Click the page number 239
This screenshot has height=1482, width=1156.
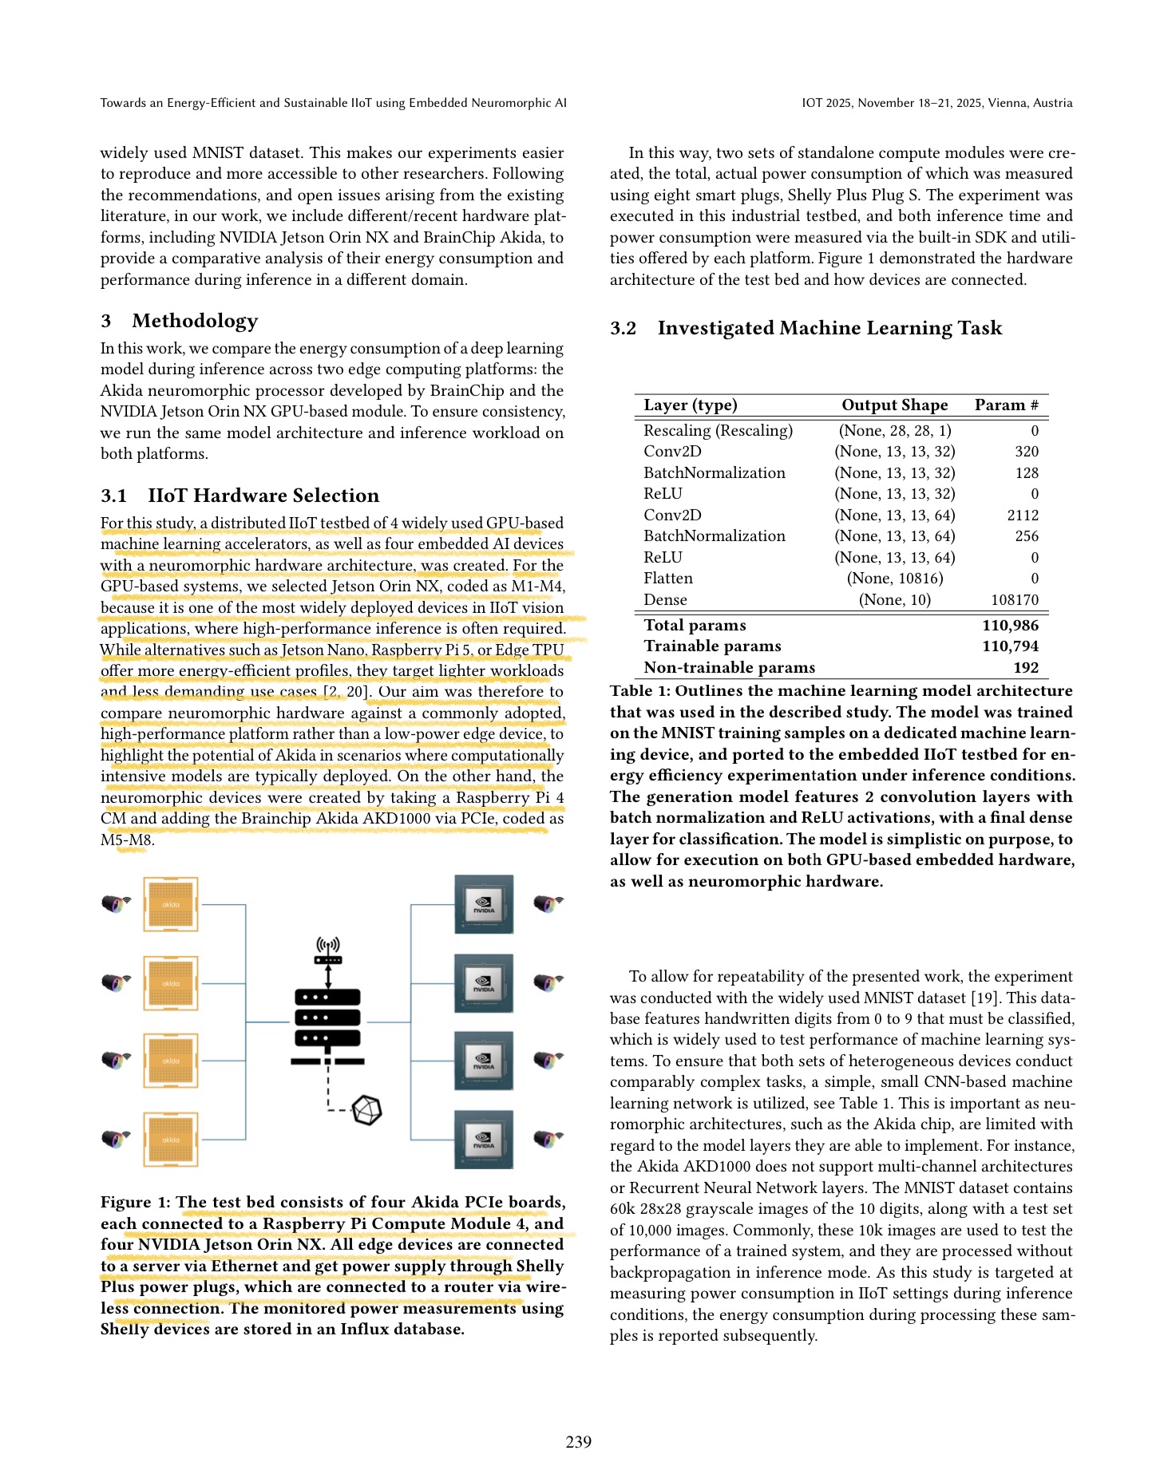(x=578, y=1441)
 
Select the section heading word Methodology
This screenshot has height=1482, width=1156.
(x=195, y=321)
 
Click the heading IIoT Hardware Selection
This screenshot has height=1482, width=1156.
(x=263, y=496)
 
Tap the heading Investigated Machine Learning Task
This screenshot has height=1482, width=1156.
(x=829, y=328)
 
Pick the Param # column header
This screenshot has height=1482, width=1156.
(x=1006, y=405)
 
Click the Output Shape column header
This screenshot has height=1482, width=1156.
(x=894, y=405)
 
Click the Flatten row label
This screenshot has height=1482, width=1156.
(x=668, y=579)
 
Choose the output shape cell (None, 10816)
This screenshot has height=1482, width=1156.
(x=894, y=579)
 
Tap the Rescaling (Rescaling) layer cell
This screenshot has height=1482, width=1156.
(x=718, y=431)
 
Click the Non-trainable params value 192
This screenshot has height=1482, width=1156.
(x=1025, y=668)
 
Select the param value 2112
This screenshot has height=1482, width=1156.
(x=1023, y=516)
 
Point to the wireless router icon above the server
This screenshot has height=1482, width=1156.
(x=328, y=950)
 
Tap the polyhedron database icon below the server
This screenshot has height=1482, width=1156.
(x=367, y=1110)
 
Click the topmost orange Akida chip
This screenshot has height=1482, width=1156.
(x=171, y=904)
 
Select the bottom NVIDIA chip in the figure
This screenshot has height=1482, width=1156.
(x=483, y=1139)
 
